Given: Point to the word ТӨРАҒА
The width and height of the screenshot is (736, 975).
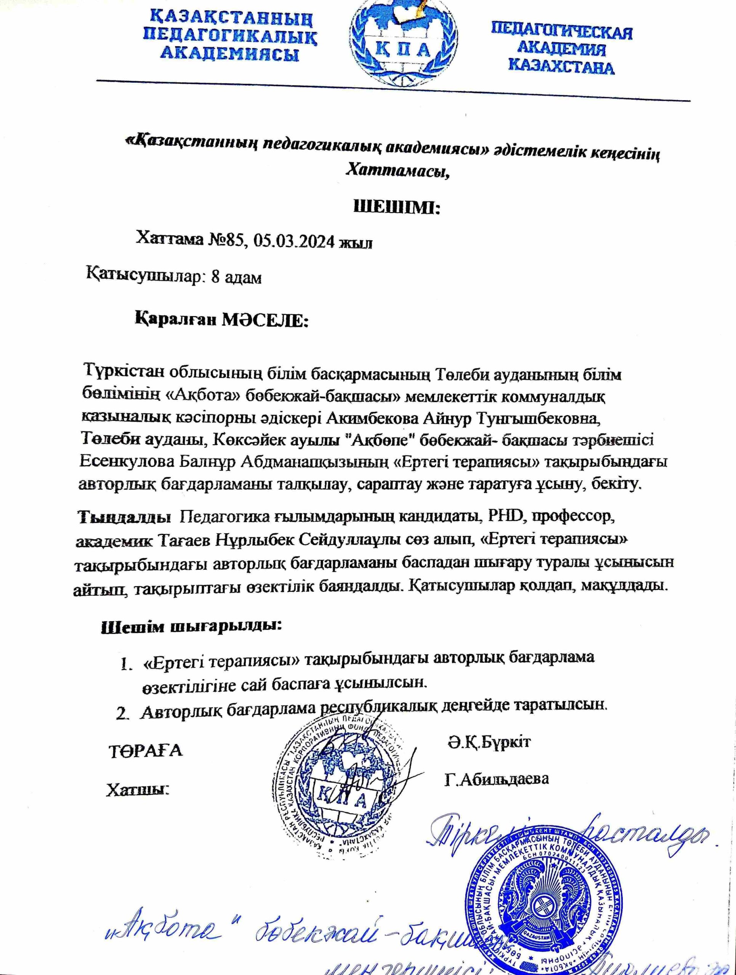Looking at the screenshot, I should coord(145,751).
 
